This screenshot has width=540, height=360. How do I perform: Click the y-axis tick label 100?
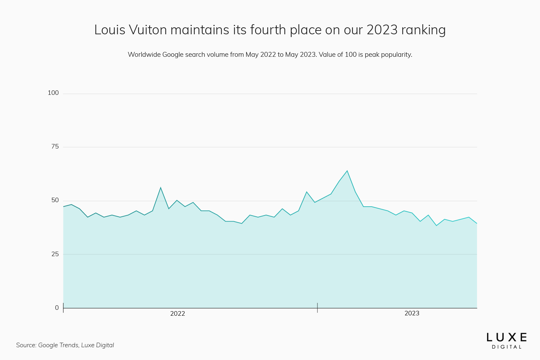click(53, 93)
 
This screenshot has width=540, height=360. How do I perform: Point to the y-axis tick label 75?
click(55, 147)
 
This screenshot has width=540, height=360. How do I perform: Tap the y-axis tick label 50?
click(55, 200)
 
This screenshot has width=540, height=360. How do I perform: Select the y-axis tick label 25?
click(55, 254)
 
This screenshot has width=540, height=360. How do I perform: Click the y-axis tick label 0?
click(57, 308)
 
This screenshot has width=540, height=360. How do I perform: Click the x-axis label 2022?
click(178, 314)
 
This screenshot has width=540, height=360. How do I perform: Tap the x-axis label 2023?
click(412, 313)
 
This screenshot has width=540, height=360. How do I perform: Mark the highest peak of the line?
click(347, 171)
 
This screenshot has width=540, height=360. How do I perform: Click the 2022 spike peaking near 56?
click(161, 188)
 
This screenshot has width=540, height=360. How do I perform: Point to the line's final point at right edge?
click(477, 224)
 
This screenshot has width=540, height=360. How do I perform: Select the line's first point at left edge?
click(63, 207)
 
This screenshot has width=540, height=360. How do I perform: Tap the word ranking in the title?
click(423, 30)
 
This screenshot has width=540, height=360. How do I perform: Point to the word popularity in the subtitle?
click(396, 55)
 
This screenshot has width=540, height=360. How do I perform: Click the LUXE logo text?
click(507, 337)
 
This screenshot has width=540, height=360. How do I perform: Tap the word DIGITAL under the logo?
click(507, 347)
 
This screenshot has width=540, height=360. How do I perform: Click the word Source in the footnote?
click(26, 345)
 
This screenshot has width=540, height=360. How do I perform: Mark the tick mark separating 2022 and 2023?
click(317, 307)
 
